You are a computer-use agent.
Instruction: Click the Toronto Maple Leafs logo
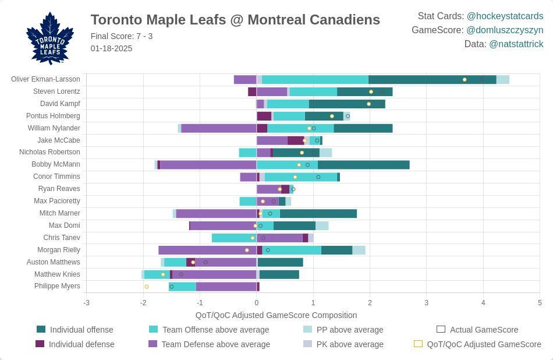click(50, 38)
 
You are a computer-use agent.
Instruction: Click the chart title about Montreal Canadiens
click(235, 20)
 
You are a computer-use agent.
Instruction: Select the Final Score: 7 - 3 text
click(122, 36)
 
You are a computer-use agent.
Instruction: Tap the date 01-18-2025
click(111, 48)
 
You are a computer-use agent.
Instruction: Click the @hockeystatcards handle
click(505, 16)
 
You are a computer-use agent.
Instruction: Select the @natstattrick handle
click(516, 44)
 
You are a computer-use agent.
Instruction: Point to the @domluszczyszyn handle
click(505, 30)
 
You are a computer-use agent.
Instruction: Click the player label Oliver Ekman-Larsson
click(45, 79)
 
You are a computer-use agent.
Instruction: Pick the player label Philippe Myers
click(57, 286)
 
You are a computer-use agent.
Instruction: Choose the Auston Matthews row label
click(54, 262)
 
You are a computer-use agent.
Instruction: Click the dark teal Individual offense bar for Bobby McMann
click(363, 165)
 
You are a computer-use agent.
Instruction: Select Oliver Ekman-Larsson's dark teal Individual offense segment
click(432, 80)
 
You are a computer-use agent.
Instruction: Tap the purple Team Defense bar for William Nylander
click(219, 128)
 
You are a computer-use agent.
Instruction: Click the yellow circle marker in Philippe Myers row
click(147, 287)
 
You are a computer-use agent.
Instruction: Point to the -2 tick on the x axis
click(143, 303)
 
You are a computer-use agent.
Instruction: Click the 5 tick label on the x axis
click(540, 303)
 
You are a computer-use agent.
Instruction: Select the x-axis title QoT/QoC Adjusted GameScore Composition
click(276, 315)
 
